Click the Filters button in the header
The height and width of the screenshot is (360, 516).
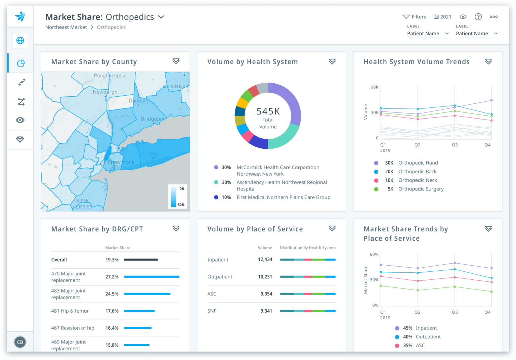(414, 17)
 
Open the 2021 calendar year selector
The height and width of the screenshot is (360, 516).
(442, 17)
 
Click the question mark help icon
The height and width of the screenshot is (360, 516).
(478, 17)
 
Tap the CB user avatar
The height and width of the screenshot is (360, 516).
(20, 342)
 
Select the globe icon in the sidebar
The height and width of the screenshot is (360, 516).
(20, 41)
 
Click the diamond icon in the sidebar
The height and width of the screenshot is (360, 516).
(20, 139)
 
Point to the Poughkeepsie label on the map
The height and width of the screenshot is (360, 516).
(110, 76)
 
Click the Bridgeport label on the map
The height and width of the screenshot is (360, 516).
(153, 119)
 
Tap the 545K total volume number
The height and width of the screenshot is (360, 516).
(268, 111)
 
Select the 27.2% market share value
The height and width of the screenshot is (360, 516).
(112, 277)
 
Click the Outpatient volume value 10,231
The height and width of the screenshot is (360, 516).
(265, 277)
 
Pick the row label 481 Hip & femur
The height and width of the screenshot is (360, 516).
(70, 311)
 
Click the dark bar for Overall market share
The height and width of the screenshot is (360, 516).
(141, 260)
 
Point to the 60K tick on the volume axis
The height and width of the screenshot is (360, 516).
(374, 87)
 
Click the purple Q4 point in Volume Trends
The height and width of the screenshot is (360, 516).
(491, 100)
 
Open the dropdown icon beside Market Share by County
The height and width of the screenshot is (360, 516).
(176, 61)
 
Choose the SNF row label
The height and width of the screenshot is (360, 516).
(212, 311)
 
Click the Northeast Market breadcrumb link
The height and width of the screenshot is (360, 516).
(66, 27)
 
